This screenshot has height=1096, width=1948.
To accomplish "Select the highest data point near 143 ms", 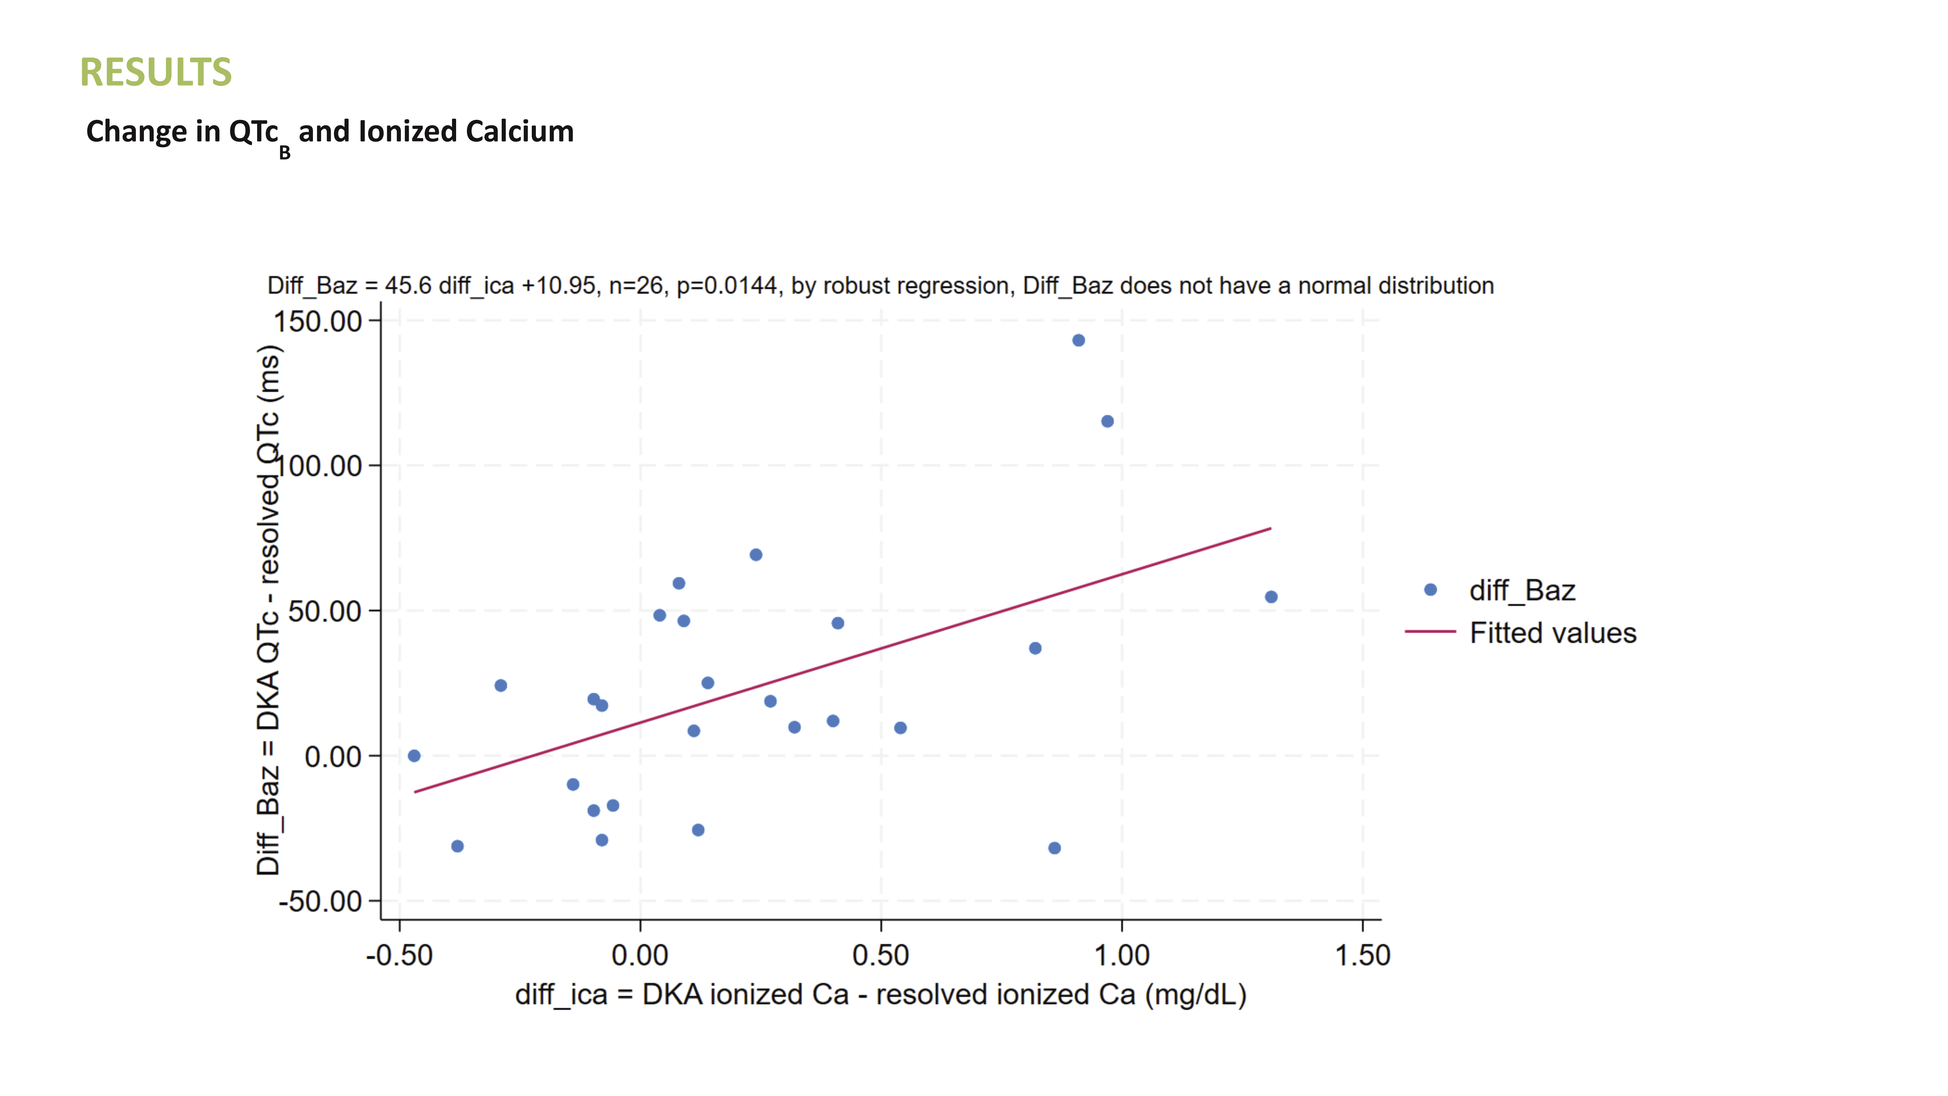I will tap(1078, 340).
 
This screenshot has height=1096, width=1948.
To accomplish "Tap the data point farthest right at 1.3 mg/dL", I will tap(1271, 597).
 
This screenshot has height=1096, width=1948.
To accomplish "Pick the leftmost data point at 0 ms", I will tap(414, 756).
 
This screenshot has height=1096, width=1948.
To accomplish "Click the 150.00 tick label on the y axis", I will tap(318, 321).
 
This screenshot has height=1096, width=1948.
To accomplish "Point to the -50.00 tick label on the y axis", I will tap(321, 902).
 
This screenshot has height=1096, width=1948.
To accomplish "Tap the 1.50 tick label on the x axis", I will tap(1362, 955).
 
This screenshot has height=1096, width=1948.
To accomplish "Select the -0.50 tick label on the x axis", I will tap(399, 955).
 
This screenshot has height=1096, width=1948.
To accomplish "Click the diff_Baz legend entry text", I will tap(1521, 590).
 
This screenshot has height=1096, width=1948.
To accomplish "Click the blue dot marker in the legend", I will tap(1430, 590).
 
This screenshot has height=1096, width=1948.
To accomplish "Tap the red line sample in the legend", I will tap(1430, 631).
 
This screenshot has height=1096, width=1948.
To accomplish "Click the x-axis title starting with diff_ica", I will tap(880, 995).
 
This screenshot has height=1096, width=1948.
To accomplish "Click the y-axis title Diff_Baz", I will tap(269, 610).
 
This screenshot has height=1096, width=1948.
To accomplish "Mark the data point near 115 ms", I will tap(1107, 421).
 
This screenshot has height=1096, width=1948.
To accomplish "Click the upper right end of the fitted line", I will tap(1270, 529).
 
